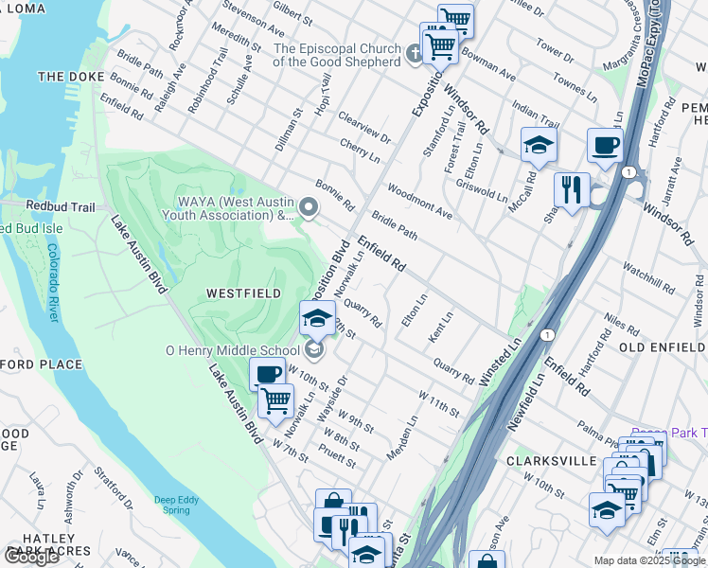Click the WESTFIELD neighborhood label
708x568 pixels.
[x=244, y=294]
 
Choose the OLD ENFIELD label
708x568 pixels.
[x=662, y=348]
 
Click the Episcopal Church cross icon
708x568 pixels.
[x=414, y=55]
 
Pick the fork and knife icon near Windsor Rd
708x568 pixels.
[x=572, y=189]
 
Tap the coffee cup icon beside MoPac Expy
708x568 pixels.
[x=605, y=146]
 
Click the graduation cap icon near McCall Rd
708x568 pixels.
[x=539, y=145]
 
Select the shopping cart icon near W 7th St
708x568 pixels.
[x=275, y=399]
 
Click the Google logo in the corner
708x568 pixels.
[x=31, y=557]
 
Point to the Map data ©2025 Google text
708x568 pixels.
[x=649, y=561]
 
